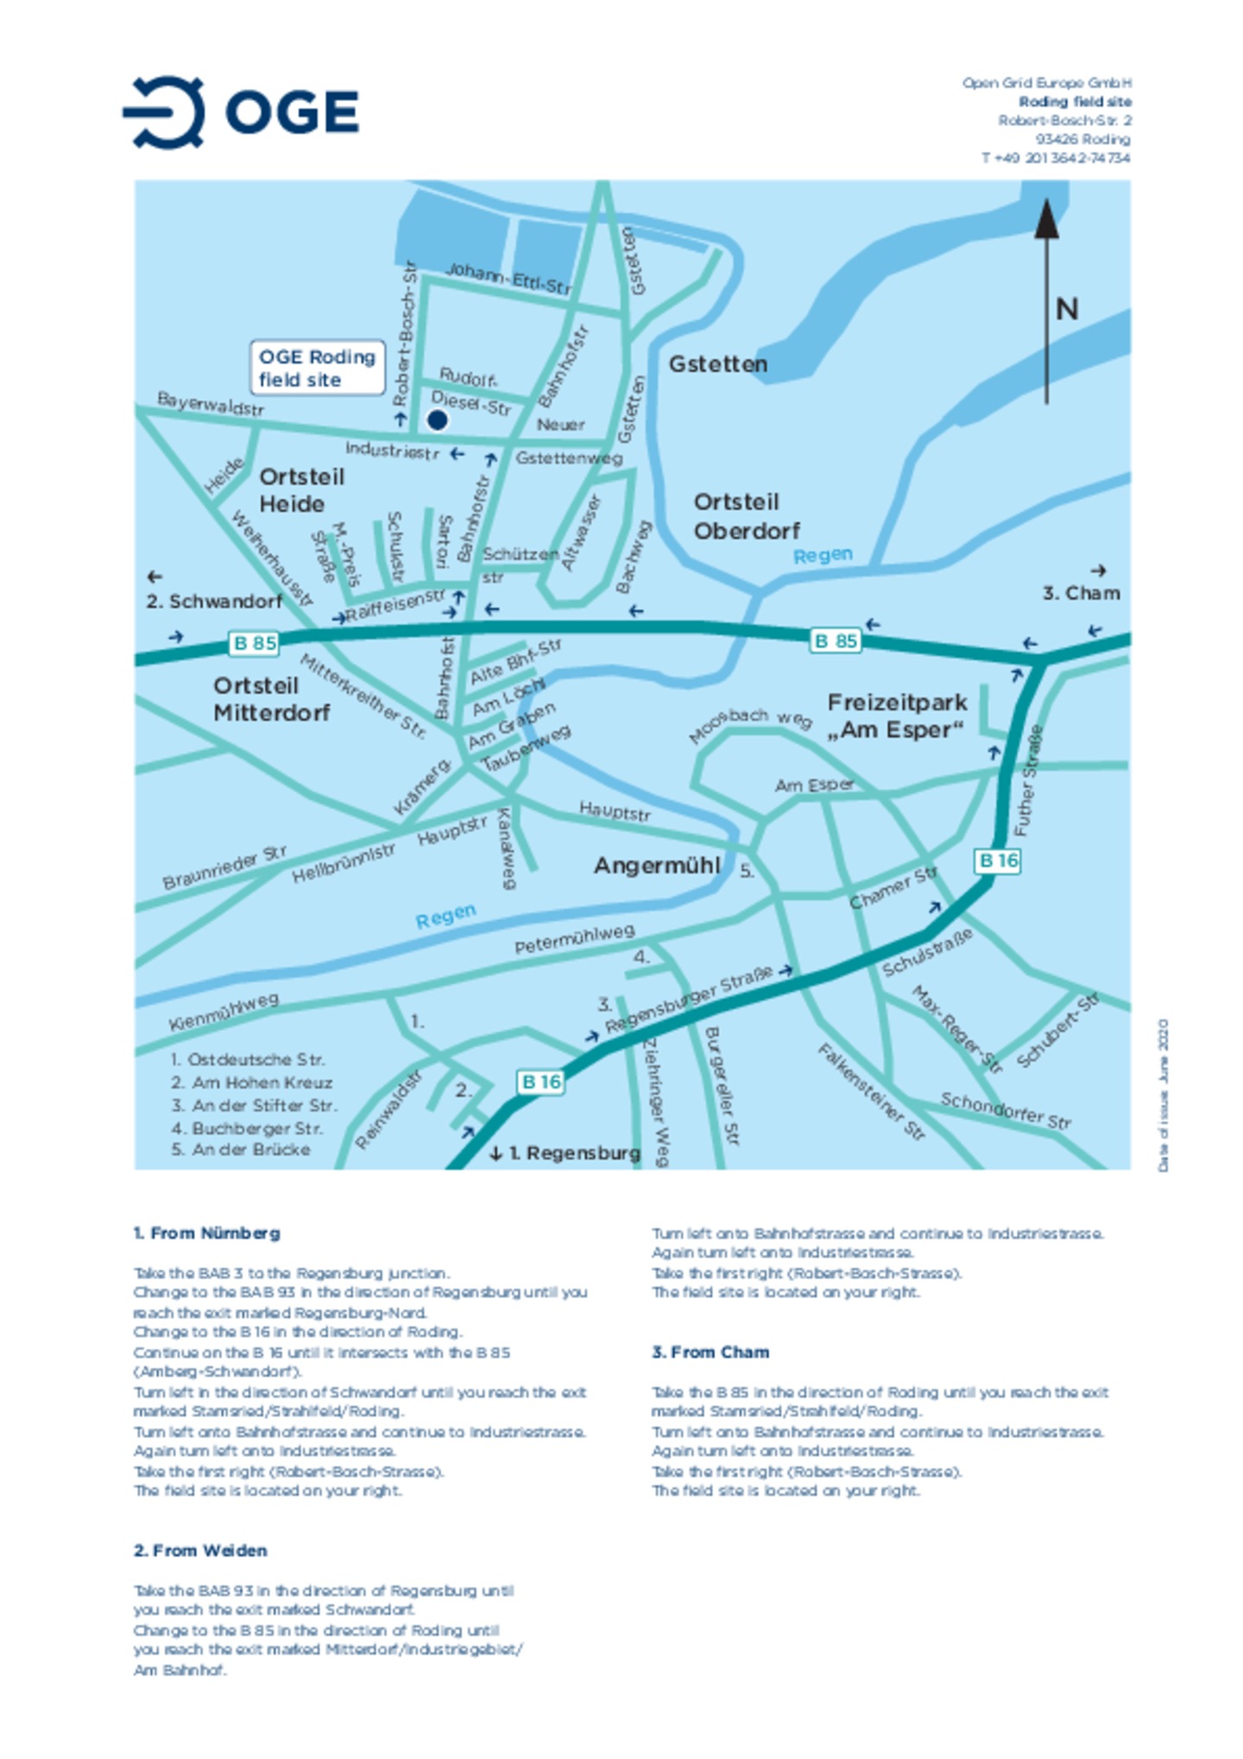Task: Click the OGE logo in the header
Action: tap(241, 112)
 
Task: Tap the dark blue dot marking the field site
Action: tap(438, 420)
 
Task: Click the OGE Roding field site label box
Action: tap(317, 368)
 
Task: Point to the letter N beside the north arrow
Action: tap(1067, 309)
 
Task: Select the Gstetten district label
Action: tap(717, 364)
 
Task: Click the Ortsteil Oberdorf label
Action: tap(746, 516)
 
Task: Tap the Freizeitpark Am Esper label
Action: tap(896, 716)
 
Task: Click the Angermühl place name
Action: tap(656, 866)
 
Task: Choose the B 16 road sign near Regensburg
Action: tap(540, 1081)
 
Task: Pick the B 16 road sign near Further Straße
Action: tap(998, 861)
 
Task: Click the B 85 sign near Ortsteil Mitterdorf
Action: tap(255, 643)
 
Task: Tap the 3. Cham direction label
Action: tap(1081, 593)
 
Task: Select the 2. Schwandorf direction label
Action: tap(213, 601)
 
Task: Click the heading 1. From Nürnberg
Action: tap(206, 1233)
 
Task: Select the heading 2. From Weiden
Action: tap(200, 1550)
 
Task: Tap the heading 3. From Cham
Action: tap(710, 1352)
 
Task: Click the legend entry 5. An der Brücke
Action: tap(240, 1150)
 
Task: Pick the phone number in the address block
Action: tap(1055, 158)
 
